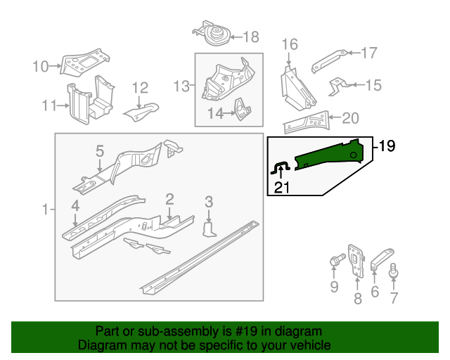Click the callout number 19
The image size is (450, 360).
coord(387,146)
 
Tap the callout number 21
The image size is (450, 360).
coord(281,187)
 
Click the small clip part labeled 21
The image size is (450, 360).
coord(281,166)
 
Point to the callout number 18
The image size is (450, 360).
coord(250,37)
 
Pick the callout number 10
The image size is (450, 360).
coord(41,67)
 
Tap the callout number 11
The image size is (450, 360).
coord(48,105)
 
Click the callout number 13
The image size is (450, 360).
coord(181,86)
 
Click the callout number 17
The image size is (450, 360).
coord(369,53)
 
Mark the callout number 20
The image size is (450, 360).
coord(349,117)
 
